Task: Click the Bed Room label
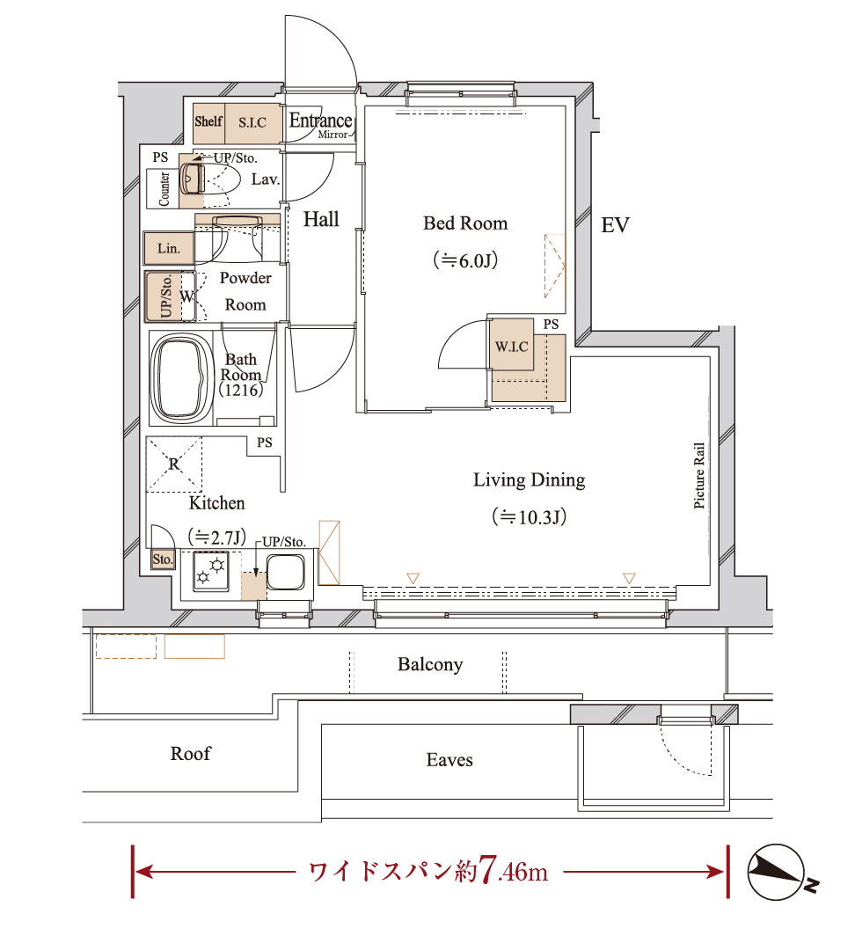coord(465,223)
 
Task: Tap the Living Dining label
coord(529,480)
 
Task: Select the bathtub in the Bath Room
coord(182,378)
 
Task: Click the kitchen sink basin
coord(285,573)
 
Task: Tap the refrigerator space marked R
coord(174,464)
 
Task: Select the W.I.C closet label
coord(512,347)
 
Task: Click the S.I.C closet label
coord(252,123)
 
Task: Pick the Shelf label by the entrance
coord(208,121)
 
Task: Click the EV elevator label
coord(615,225)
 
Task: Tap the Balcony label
coord(430,664)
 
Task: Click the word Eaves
coord(449,760)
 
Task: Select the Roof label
coord(191,753)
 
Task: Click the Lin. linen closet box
coord(169,248)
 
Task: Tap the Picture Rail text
coord(699,476)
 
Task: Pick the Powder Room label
coord(245,291)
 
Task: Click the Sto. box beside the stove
coord(163,559)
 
